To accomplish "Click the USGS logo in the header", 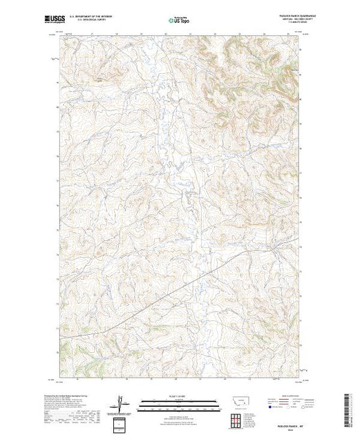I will click(x=71, y=19).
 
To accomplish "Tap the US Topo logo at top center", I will click(x=179, y=19).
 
